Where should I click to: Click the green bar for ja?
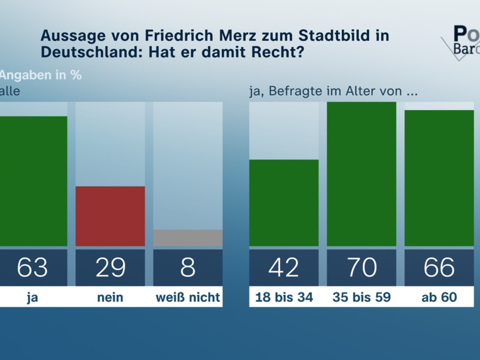coord(33,181)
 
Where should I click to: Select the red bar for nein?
coord(110,216)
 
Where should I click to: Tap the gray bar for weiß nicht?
coord(188,238)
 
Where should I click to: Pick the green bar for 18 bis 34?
coord(284,202)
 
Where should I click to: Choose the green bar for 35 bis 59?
coord(361,174)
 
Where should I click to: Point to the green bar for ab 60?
coord(439,178)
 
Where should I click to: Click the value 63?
coord(32,267)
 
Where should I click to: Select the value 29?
coord(110,267)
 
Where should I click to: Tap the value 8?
coord(188,267)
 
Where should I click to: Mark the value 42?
coord(284,267)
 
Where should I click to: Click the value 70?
coord(361,267)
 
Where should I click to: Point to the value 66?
coord(439,267)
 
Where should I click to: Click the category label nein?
coord(110,298)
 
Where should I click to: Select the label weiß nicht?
coord(188,298)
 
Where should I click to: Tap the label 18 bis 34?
coord(284,298)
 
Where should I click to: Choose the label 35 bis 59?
coord(361,298)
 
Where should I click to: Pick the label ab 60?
coord(439,298)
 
